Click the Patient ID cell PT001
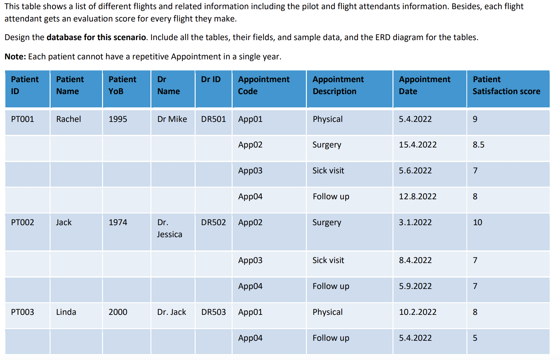point(22,119)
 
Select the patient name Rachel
point(69,119)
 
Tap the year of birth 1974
point(118,222)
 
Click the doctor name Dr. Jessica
point(169,228)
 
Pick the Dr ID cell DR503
point(213,312)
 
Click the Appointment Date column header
point(424,85)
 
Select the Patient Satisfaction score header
point(506,85)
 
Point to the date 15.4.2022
point(417,145)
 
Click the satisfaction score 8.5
point(478,145)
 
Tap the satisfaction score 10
point(477,222)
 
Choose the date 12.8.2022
point(417,196)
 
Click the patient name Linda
point(66,312)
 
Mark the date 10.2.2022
point(417,312)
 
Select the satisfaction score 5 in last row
point(475,338)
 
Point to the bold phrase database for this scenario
point(96,37)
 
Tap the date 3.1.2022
point(415,222)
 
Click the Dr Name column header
point(168,85)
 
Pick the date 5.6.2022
point(415,171)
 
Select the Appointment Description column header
point(338,85)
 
